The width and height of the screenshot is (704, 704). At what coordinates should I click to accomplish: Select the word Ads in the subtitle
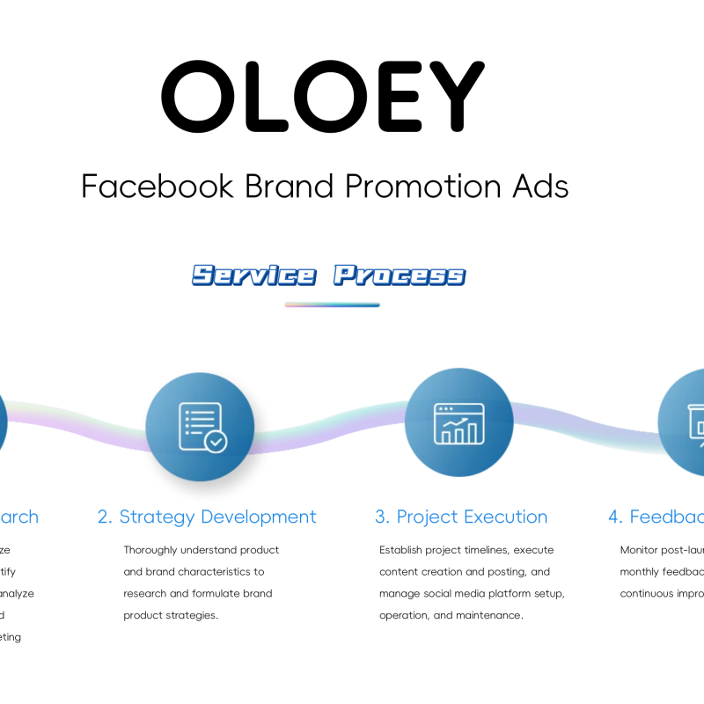[539, 186]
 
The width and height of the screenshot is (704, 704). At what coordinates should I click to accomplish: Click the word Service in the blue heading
[253, 275]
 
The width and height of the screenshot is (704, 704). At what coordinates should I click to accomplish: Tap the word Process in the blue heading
[400, 275]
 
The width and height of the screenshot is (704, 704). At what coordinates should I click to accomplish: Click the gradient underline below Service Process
[332, 305]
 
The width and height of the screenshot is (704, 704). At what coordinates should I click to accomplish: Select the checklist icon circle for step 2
[200, 427]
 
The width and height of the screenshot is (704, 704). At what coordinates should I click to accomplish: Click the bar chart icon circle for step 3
[458, 423]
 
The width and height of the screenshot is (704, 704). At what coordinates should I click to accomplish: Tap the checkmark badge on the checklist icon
[215, 441]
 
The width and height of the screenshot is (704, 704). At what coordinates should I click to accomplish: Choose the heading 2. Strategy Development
[207, 517]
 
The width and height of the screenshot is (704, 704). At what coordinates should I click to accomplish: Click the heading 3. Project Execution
[461, 517]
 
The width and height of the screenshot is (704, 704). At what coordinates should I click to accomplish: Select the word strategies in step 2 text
[191, 615]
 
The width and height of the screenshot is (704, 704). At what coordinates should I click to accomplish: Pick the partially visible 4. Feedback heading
[656, 517]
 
